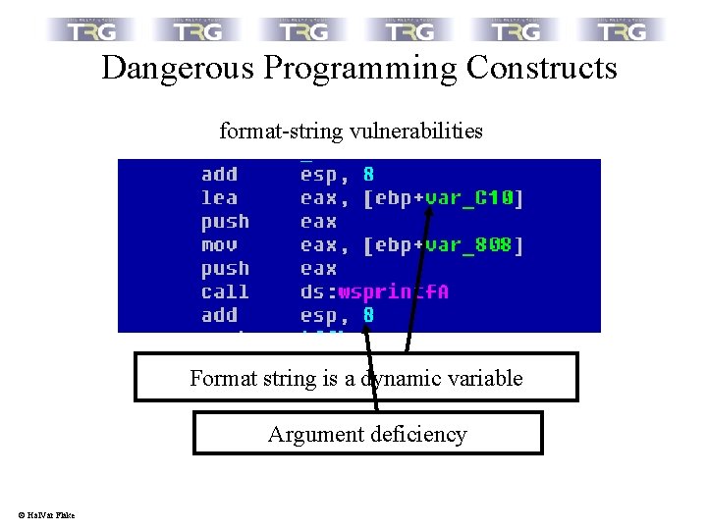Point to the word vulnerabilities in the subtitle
[421, 131]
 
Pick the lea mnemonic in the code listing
[219, 198]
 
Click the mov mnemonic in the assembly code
[219, 245]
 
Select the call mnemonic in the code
[225, 292]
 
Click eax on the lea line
[317, 198]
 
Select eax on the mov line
[317, 245]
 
